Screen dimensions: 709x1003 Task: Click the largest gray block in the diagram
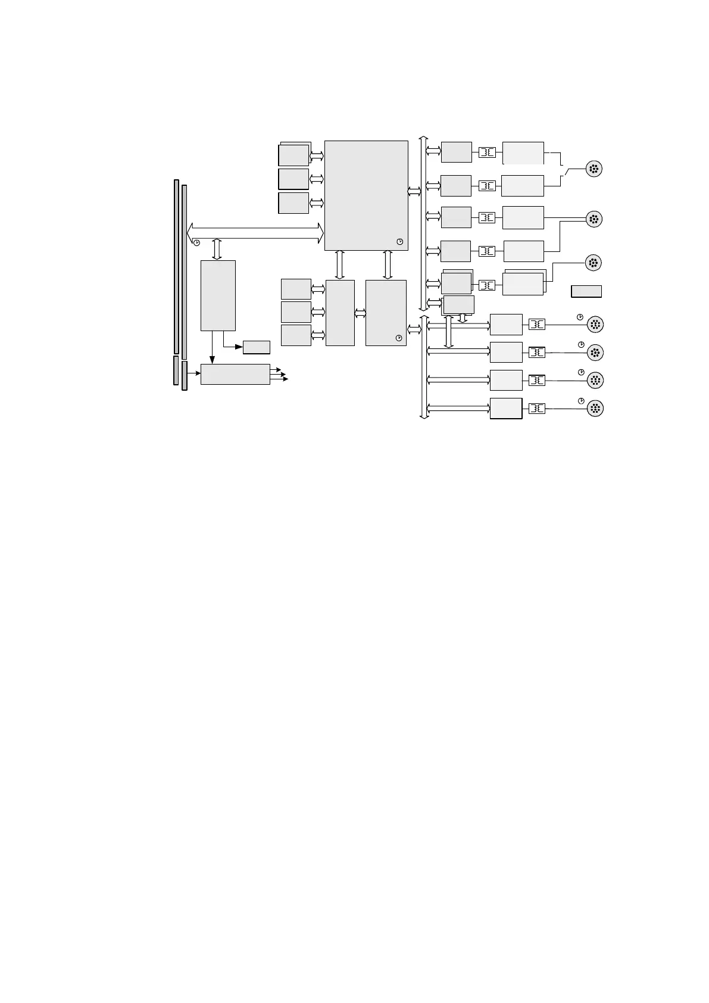tap(366, 195)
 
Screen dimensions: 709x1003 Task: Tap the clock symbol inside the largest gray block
tap(399, 242)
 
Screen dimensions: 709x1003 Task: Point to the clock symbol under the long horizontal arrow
tap(196, 242)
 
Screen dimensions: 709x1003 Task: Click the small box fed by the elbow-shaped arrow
tap(257, 347)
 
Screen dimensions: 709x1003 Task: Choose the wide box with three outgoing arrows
tap(235, 374)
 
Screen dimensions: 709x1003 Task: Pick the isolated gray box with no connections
tap(586, 291)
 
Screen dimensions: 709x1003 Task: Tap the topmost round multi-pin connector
tap(594, 169)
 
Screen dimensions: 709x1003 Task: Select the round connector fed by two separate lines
tap(594, 219)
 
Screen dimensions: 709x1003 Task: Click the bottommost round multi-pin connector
tap(595, 409)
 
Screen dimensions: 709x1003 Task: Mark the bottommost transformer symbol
tap(537, 409)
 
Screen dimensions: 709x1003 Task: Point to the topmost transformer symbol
tap(487, 152)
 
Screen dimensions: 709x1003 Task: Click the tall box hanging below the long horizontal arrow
tap(218, 295)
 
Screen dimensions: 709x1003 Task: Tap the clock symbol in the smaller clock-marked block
tap(399, 338)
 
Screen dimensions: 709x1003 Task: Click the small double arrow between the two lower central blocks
tap(360, 313)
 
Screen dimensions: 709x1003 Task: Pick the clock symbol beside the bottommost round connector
tap(580, 400)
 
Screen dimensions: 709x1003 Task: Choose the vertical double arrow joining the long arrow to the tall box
tap(217, 249)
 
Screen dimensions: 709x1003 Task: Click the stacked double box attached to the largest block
tap(294, 154)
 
